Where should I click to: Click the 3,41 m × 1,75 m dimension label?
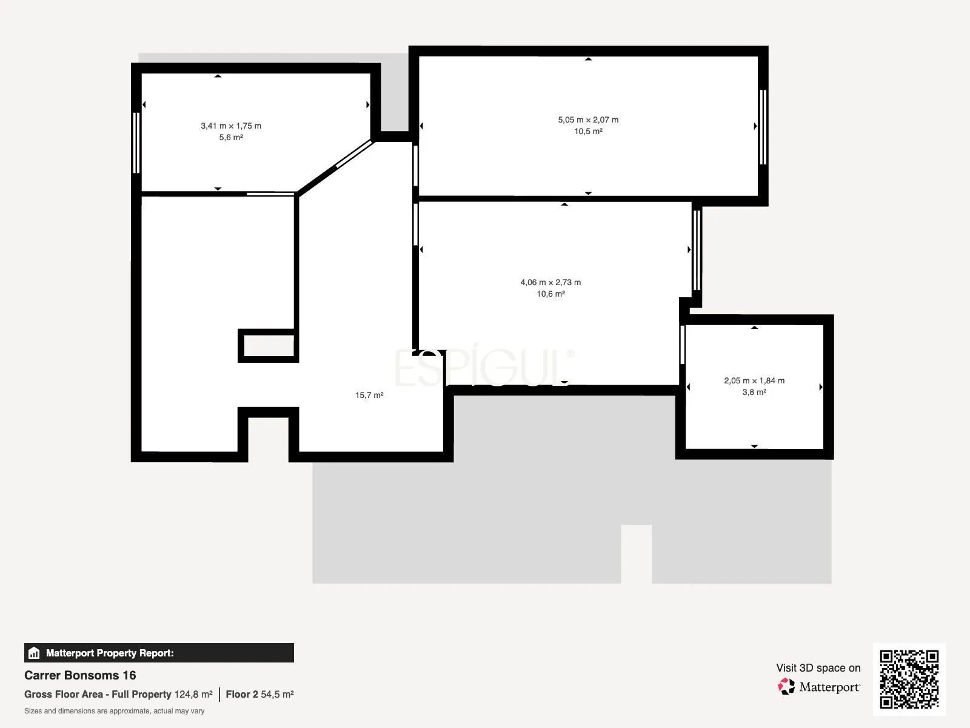(231, 126)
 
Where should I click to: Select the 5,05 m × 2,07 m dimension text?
(587, 120)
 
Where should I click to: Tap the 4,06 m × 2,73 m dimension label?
(550, 283)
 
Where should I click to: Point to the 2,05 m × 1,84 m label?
(754, 380)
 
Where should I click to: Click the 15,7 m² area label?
(369, 395)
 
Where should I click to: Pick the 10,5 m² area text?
(588, 131)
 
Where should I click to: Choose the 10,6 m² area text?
(550, 294)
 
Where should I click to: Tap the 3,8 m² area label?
(754, 392)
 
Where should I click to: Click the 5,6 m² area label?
(231, 138)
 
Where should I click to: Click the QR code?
(909, 679)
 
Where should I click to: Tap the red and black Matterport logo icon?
(786, 687)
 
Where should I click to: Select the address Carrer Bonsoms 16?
(80, 675)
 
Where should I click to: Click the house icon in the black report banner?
(34, 653)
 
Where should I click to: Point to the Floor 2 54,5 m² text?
(260, 695)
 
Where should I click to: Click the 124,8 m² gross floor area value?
(193, 695)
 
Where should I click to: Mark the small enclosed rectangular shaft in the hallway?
(269, 346)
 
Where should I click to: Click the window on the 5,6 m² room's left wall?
(136, 143)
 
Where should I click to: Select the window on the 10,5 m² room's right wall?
(763, 127)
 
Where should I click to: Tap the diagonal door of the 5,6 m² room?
(354, 154)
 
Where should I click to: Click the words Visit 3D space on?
(818, 668)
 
